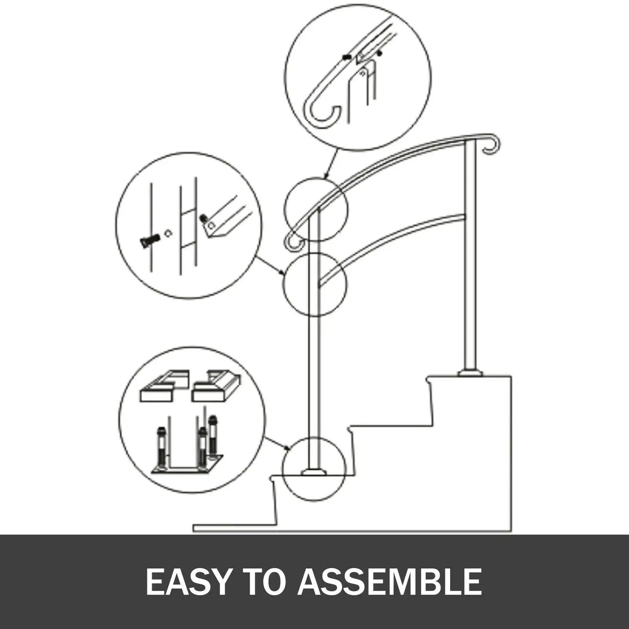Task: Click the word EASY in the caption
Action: point(188,582)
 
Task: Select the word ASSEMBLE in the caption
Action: point(390,582)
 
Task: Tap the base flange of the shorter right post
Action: point(471,373)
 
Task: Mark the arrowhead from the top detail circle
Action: point(325,177)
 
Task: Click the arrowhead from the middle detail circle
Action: point(283,273)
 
